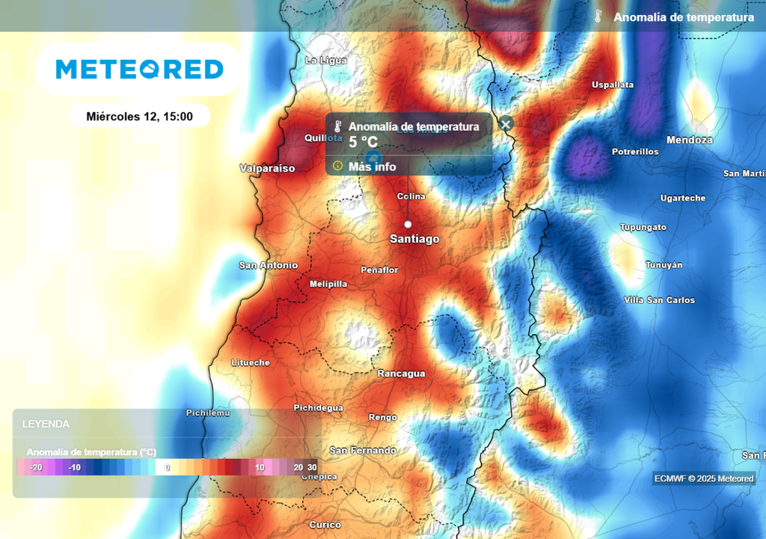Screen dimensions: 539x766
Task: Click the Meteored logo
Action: pyautogui.click(x=139, y=70)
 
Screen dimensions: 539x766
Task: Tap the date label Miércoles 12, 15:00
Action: pyautogui.click(x=140, y=116)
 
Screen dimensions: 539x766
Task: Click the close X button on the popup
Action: pyautogui.click(x=506, y=124)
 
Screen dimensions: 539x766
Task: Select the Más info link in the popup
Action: pyautogui.click(x=372, y=166)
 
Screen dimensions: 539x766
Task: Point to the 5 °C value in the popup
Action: pyautogui.click(x=364, y=142)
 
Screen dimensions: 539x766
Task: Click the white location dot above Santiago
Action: pyautogui.click(x=408, y=224)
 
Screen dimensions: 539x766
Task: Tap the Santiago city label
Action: pyautogui.click(x=414, y=239)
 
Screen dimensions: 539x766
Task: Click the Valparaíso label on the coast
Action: pyautogui.click(x=267, y=168)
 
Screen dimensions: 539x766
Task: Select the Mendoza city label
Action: pyautogui.click(x=689, y=140)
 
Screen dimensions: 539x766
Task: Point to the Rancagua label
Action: pyautogui.click(x=401, y=374)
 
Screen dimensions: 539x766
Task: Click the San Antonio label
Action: pyautogui.click(x=268, y=265)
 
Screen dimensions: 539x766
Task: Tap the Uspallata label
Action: pyautogui.click(x=613, y=85)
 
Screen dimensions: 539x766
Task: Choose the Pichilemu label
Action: pyautogui.click(x=208, y=413)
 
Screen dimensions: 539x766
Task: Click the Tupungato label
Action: pyautogui.click(x=643, y=228)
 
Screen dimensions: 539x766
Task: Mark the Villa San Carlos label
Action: pyautogui.click(x=659, y=300)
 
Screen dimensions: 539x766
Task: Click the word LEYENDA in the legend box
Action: pyautogui.click(x=46, y=424)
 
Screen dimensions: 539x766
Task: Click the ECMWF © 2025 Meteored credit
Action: pyautogui.click(x=704, y=478)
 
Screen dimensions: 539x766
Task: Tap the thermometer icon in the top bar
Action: pyautogui.click(x=598, y=16)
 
